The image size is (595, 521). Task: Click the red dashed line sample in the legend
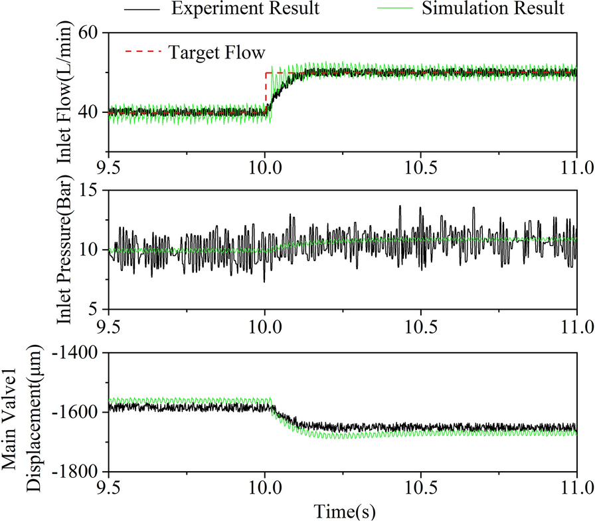[x=142, y=51]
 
